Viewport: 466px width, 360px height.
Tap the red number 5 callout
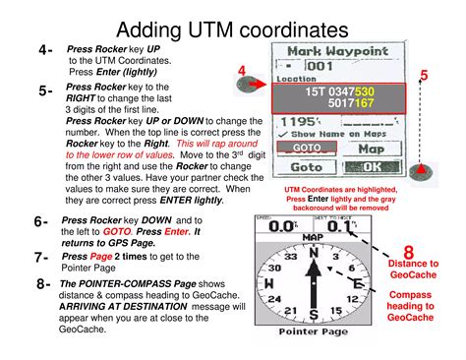[x=424, y=76]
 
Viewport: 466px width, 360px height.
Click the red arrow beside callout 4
[x=258, y=86]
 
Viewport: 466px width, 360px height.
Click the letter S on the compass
[x=314, y=316]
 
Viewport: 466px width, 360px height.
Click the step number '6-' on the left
[x=40, y=222]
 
